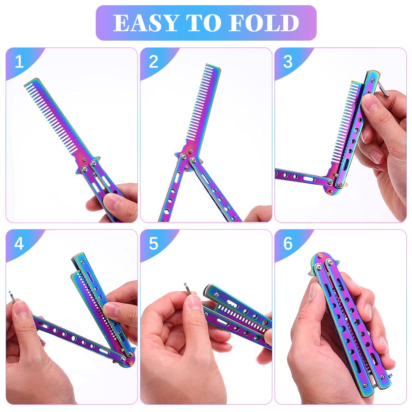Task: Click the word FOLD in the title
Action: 263,23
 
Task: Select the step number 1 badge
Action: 19,62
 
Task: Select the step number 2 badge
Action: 154,62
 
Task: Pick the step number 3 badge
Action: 288,62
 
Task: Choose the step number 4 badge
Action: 19,243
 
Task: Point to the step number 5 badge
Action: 154,243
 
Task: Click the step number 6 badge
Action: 288,243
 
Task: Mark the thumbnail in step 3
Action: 370,103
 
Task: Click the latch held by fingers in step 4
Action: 12,297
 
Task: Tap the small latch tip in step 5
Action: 188,288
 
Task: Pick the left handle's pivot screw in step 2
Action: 183,157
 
